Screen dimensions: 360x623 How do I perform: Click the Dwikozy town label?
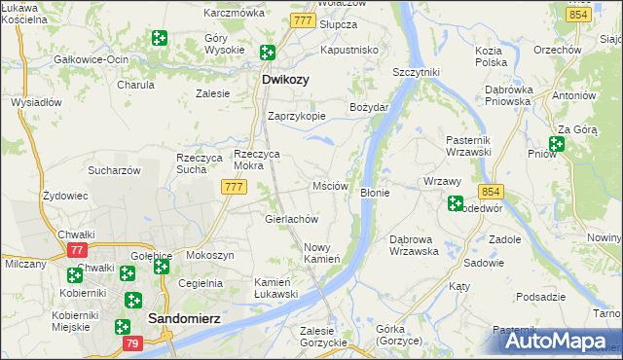tap(285, 81)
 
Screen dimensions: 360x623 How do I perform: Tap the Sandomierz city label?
tap(187, 318)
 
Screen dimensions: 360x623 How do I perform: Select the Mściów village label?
tap(330, 186)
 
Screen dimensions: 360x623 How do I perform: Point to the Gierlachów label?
tap(293, 219)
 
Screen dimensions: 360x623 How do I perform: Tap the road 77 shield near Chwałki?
tap(77, 250)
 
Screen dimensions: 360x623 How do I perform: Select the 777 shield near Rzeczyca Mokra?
tap(232, 187)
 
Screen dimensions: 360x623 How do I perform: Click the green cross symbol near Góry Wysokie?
tap(160, 39)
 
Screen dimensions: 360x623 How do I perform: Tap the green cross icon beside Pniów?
tap(556, 145)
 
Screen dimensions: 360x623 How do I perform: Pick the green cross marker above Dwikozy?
tap(266, 54)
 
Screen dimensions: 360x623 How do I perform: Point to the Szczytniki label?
tap(416, 72)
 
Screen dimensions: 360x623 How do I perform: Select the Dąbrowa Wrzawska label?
tap(415, 244)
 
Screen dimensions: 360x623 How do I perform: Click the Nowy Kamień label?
tap(321, 253)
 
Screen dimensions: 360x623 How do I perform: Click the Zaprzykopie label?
tap(297, 115)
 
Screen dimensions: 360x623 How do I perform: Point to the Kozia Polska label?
tap(491, 55)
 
